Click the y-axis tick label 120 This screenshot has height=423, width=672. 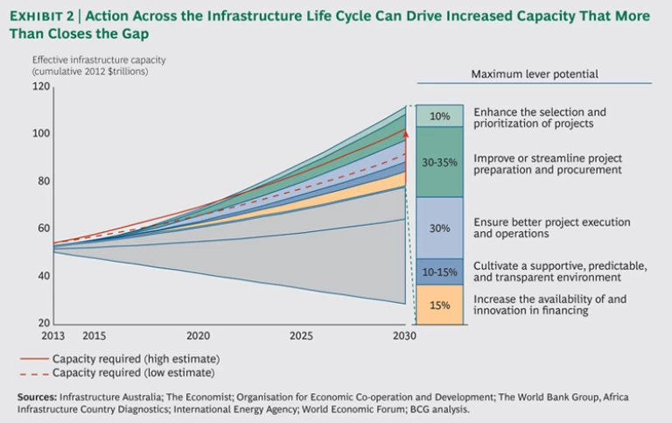tap(41, 87)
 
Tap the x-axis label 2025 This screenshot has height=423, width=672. tap(300, 335)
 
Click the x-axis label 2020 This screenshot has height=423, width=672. tap(198, 335)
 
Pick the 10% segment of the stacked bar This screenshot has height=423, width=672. tap(439, 116)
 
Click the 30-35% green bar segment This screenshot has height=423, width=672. tap(439, 162)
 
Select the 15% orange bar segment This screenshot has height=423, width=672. tap(439, 305)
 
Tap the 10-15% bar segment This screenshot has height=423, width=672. tap(439, 271)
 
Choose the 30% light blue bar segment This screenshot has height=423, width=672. tap(439, 228)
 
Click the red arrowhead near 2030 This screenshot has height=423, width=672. tap(406, 135)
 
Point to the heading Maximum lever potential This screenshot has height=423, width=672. tap(534, 74)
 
